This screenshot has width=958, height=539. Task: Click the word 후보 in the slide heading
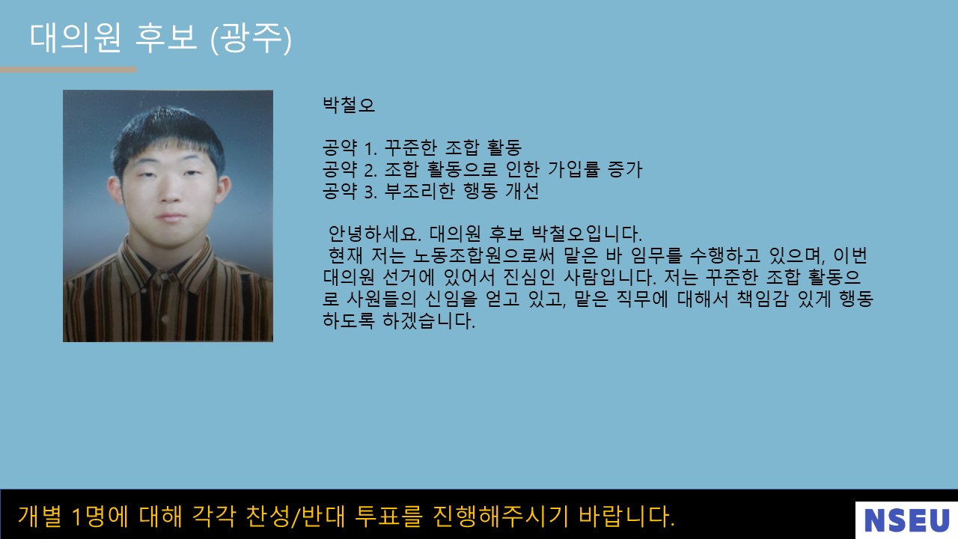click(166, 38)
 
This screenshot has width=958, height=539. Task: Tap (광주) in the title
click(251, 39)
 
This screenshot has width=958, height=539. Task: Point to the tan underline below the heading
click(68, 70)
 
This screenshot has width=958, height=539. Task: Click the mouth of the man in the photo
click(171, 217)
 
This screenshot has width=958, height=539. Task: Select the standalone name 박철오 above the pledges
click(349, 105)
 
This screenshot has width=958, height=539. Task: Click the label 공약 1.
click(350, 148)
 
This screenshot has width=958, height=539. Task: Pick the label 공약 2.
click(350, 169)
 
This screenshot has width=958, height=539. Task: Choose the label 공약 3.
click(350, 191)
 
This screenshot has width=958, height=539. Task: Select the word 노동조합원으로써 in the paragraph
click(483, 256)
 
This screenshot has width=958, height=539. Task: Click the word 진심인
click(528, 277)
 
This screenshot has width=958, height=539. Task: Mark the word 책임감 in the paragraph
click(762, 299)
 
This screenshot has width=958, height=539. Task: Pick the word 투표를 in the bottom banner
click(388, 517)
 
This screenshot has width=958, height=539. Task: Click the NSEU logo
click(906, 520)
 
